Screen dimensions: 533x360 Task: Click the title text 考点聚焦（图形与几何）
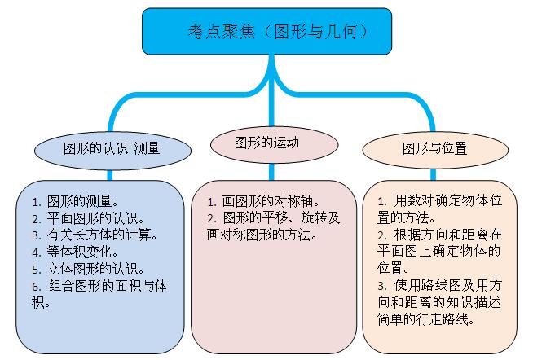277,32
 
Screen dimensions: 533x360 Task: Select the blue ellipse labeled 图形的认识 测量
112,150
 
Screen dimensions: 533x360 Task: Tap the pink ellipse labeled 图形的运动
275,144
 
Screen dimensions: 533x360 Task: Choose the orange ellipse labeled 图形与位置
435,150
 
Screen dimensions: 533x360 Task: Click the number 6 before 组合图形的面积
37,287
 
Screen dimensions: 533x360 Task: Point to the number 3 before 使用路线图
382,286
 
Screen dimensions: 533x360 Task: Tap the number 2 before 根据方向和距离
382,235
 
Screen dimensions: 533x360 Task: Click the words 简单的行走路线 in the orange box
426,319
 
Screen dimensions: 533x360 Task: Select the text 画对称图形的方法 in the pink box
262,235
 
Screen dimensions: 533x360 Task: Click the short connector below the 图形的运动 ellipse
271,172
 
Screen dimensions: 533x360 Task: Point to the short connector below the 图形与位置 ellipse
433,174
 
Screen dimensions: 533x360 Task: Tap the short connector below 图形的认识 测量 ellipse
110,175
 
